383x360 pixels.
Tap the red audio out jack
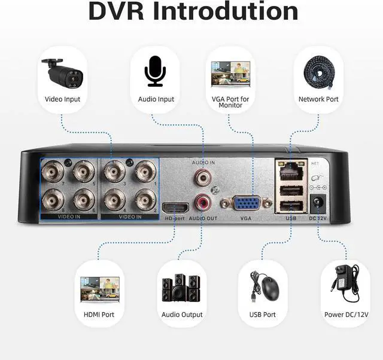pos(202,202)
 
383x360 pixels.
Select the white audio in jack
pos(202,176)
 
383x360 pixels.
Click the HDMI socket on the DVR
pos(177,208)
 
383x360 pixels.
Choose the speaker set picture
pos(181,288)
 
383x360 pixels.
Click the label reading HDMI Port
pos(98,315)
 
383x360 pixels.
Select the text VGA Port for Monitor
pos(230,102)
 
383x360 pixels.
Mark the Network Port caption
pos(318,99)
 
